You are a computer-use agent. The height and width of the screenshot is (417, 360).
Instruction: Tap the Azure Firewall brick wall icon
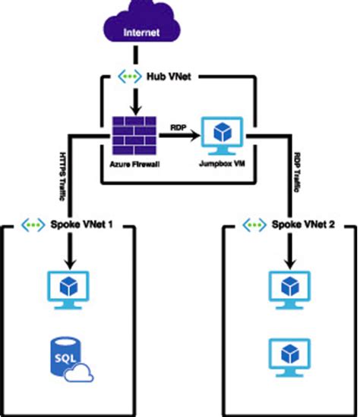(134, 136)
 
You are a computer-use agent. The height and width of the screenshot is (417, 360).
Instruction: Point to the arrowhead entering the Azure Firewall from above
(134, 111)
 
